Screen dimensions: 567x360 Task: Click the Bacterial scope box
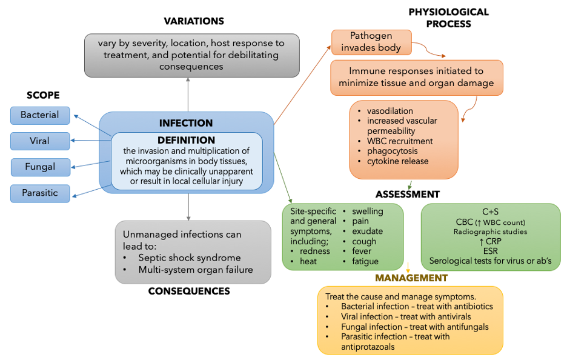(x=40, y=115)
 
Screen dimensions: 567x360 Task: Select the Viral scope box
(x=40, y=141)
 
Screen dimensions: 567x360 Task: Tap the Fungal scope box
(x=41, y=167)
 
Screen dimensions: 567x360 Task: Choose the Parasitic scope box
(x=40, y=193)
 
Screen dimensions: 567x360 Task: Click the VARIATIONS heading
(x=194, y=21)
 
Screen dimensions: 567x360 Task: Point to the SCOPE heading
(x=43, y=95)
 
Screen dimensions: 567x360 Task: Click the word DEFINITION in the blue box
(x=186, y=140)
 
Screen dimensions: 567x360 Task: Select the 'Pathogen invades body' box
(x=371, y=42)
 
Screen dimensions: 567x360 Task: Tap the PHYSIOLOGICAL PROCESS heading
(x=449, y=18)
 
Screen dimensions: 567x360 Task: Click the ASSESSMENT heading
(x=408, y=195)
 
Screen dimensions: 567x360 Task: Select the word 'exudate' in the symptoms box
(x=367, y=231)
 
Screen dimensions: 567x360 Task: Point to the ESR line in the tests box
(x=490, y=251)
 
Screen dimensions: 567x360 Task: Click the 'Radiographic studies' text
(x=490, y=232)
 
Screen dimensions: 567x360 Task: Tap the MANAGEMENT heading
(x=411, y=278)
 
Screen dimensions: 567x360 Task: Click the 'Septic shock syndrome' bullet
(x=190, y=258)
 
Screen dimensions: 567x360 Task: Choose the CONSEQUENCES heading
(x=189, y=291)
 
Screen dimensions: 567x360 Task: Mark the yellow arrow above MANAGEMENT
(x=408, y=268)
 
